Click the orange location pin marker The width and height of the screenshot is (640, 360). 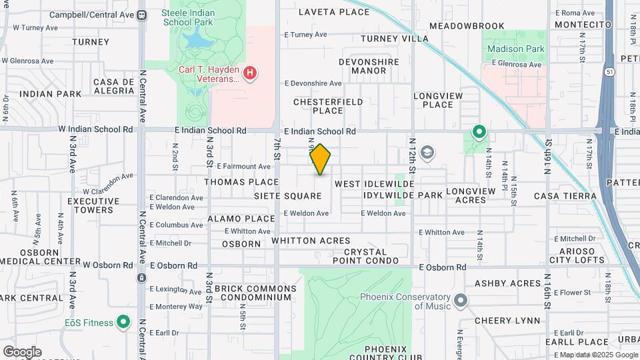pos(320,159)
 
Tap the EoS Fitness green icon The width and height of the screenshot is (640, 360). pos(123,323)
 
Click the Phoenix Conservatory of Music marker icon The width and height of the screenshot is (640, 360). pos(461,301)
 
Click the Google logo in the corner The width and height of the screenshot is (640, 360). pos(22,351)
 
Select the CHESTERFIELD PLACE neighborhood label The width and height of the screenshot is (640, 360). pos(328,106)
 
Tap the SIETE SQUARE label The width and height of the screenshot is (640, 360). pos(288,196)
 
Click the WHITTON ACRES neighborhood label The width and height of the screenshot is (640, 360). pos(311,241)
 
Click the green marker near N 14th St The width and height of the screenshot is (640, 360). pos(479,132)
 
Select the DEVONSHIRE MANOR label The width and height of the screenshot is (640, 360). pos(368,66)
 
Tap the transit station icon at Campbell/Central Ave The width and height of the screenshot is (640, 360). pos(141,15)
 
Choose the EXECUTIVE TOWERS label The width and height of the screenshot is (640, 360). pos(91,205)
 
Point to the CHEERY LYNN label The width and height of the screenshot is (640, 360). pos(507,321)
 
